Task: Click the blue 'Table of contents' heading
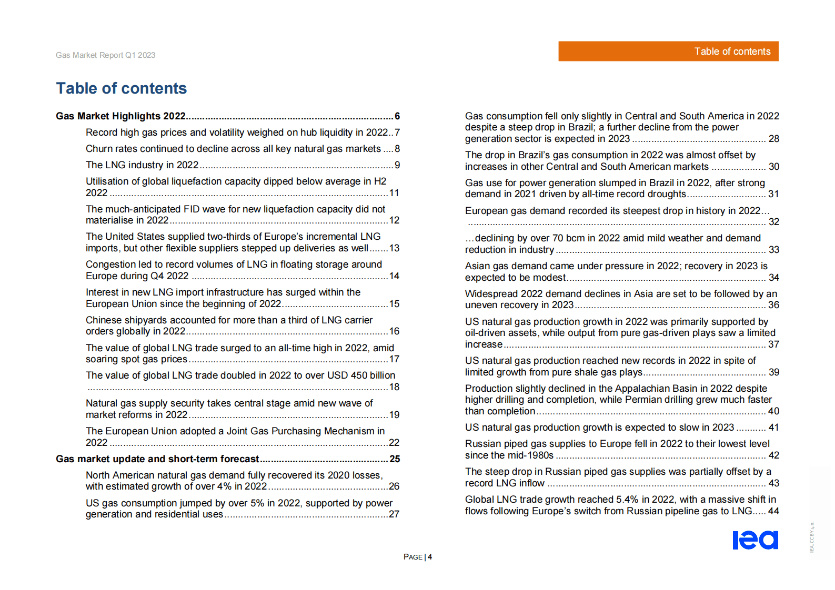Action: (121, 88)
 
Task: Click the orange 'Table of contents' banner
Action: (668, 52)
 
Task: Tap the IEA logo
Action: (755, 540)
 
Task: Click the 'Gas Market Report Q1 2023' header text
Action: (105, 55)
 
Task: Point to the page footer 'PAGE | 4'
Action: (417, 557)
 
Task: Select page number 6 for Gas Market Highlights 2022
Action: (397, 116)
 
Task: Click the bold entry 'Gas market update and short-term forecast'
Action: (157, 459)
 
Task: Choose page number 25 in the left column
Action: (395, 459)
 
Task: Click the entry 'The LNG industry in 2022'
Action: (142, 165)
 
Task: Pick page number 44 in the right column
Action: (773, 511)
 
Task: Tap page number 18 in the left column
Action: (394, 387)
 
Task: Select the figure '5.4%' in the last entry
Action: (629, 500)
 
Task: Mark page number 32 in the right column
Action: (773, 222)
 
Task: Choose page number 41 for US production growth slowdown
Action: (773, 428)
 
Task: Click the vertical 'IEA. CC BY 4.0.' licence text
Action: (812, 537)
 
